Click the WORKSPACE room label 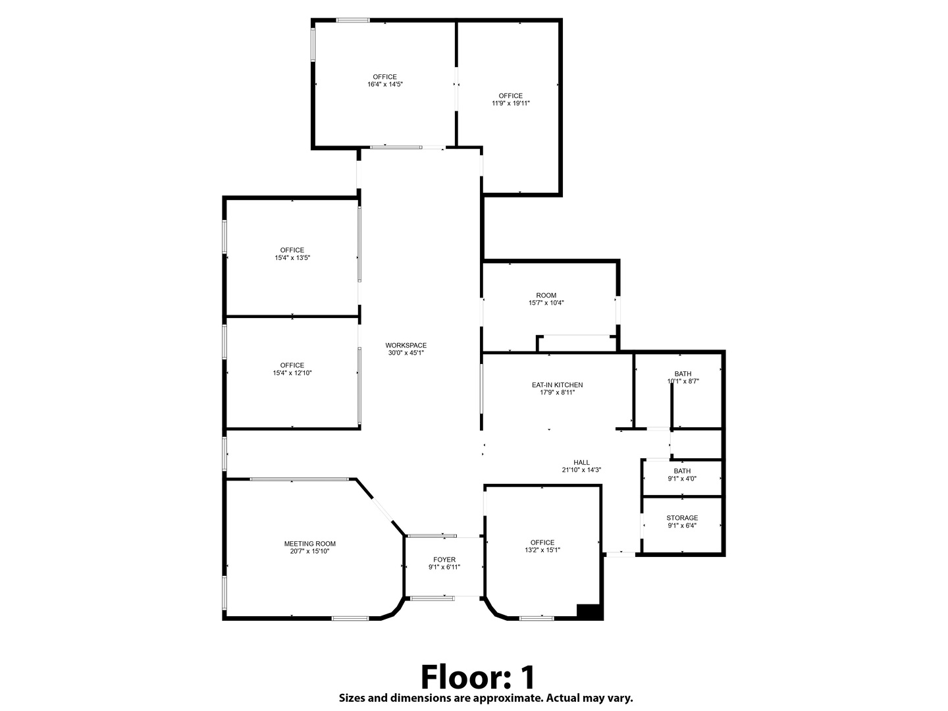click(x=406, y=346)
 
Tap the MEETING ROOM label click(x=309, y=544)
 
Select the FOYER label click(x=444, y=560)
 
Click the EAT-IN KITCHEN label click(x=557, y=385)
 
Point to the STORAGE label click(x=682, y=518)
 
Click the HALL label click(x=581, y=462)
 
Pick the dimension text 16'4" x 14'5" click(x=385, y=84)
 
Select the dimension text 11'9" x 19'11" click(x=510, y=103)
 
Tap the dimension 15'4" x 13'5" click(x=292, y=257)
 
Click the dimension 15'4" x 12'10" click(x=292, y=373)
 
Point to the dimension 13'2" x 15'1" click(x=542, y=550)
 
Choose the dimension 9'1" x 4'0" click(x=682, y=479)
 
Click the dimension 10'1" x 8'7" click(x=683, y=381)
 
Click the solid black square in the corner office click(x=589, y=612)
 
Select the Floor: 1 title click(x=478, y=677)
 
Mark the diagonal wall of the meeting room click(x=380, y=507)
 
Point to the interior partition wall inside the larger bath click(x=671, y=406)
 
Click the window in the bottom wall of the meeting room click(x=350, y=619)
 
